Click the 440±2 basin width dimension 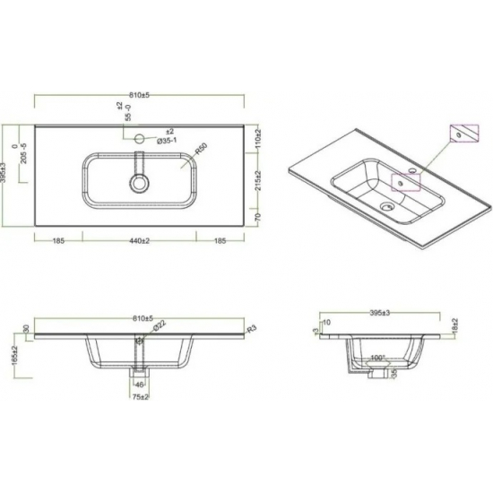139,241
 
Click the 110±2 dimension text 255,136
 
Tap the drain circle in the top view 140,182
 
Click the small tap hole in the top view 140,139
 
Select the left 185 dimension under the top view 58,241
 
